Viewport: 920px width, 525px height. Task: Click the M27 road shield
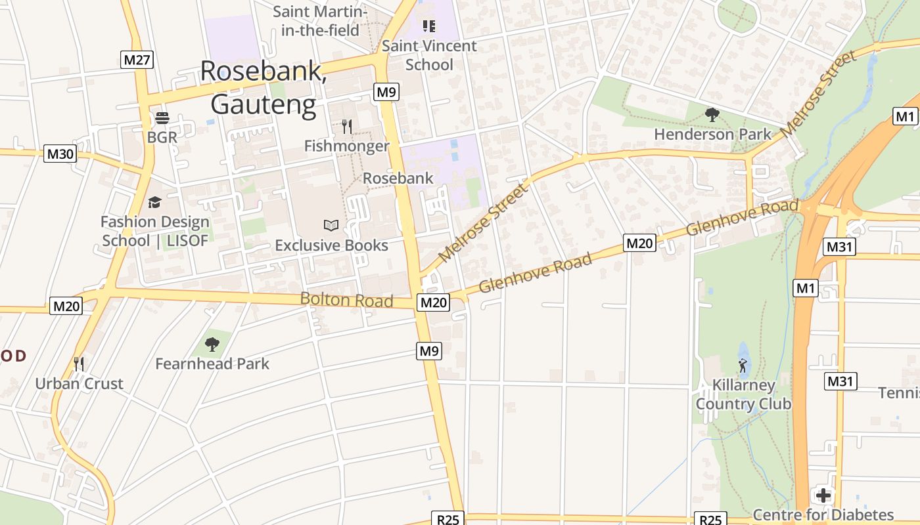tap(137, 60)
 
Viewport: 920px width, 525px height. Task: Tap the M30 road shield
tap(60, 154)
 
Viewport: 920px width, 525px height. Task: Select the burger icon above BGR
tap(162, 118)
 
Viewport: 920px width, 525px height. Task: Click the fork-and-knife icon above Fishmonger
tap(347, 126)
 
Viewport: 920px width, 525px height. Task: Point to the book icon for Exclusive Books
tap(331, 226)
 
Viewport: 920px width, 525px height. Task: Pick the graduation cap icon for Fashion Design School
tap(154, 202)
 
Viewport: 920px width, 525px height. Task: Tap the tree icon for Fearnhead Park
tap(212, 344)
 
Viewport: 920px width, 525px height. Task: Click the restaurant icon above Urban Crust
tap(79, 364)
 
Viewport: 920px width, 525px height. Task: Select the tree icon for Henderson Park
tap(712, 115)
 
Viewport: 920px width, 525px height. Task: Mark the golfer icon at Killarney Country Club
tap(743, 365)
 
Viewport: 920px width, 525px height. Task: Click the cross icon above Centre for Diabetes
tap(823, 495)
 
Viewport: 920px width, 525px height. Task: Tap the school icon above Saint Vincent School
tap(429, 26)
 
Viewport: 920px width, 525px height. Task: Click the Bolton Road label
tap(346, 300)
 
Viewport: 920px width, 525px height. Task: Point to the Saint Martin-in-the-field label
tap(319, 21)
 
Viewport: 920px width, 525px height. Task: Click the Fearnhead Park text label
tap(212, 364)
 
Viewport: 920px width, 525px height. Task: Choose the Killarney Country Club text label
tap(743, 394)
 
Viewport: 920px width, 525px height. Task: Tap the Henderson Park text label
tap(713, 135)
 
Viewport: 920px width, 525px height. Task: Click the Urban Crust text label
tap(79, 384)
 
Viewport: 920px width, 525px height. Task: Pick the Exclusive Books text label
tap(331, 245)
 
